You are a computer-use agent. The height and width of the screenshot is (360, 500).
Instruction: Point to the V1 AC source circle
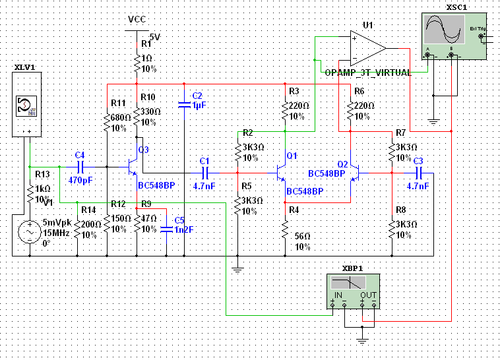[x=29, y=232]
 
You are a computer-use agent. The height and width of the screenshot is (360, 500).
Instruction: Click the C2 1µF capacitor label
[x=198, y=100]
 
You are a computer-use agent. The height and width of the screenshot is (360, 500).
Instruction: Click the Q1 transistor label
[x=292, y=155]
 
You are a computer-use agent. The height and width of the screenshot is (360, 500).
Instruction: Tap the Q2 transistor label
[x=342, y=164]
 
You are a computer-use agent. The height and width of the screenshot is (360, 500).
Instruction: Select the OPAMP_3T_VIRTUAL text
[x=367, y=73]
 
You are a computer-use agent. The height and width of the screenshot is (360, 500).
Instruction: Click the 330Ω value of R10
[x=151, y=112]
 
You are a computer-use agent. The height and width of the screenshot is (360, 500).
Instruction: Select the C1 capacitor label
[x=204, y=161]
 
